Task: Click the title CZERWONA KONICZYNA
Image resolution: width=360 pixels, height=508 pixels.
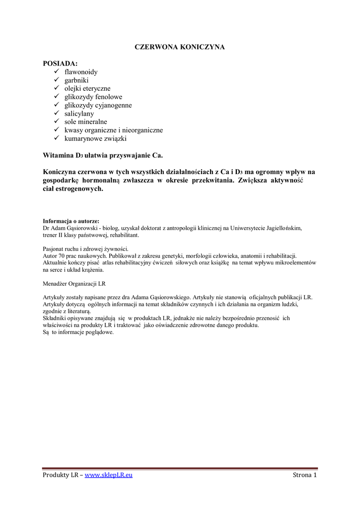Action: [180, 47]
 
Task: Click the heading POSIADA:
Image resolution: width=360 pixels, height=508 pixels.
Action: [60, 64]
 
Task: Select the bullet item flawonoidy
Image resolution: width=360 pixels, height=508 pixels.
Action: [81, 72]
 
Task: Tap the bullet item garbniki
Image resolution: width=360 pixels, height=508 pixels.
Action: [76, 80]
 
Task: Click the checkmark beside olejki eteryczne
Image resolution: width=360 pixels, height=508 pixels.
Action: [56, 88]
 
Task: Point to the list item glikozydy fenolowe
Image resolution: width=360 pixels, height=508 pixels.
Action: [93, 97]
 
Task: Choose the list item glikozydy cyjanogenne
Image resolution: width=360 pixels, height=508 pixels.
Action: [98, 105]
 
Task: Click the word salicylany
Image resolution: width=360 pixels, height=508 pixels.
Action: [79, 114]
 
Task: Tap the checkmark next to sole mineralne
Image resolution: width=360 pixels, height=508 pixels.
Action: [56, 122]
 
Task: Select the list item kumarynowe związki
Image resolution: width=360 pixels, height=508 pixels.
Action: [95, 138]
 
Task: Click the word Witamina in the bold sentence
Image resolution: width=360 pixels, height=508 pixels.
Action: [59, 155]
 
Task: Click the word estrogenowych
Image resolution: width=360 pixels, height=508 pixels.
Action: [79, 189]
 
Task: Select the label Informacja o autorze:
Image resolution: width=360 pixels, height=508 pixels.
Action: [71, 221]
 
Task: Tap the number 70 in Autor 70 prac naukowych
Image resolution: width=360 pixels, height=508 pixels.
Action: [63, 255]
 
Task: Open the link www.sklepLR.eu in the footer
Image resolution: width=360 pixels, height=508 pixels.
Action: [109, 475]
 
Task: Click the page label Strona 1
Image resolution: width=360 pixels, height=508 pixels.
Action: [304, 475]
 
